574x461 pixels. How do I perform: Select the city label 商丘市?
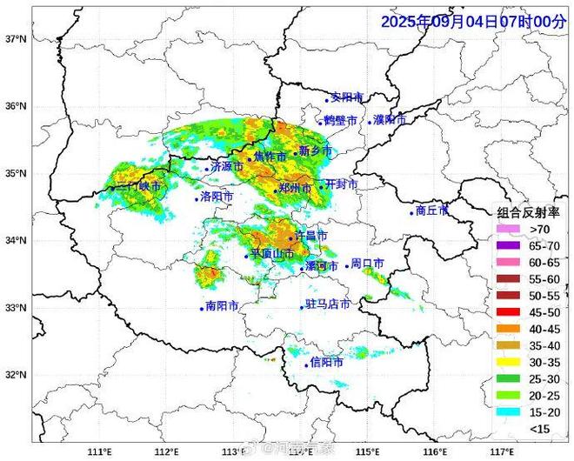pyautogui.click(x=432, y=210)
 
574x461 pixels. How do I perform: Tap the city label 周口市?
pyautogui.click(x=367, y=264)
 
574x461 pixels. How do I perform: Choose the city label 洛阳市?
pyautogui.click(x=217, y=197)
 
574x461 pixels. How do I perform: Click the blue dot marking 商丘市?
pyautogui.click(x=412, y=212)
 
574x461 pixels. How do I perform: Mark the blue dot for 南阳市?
pyautogui.click(x=201, y=308)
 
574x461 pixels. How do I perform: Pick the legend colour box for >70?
pyautogui.click(x=508, y=229)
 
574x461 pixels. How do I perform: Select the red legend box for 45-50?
pyautogui.click(x=508, y=311)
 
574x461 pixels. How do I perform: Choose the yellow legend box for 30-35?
pyautogui.click(x=508, y=361)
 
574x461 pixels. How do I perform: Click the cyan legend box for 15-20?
pyautogui.click(x=508, y=411)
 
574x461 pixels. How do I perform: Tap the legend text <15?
pyautogui.click(x=539, y=427)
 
